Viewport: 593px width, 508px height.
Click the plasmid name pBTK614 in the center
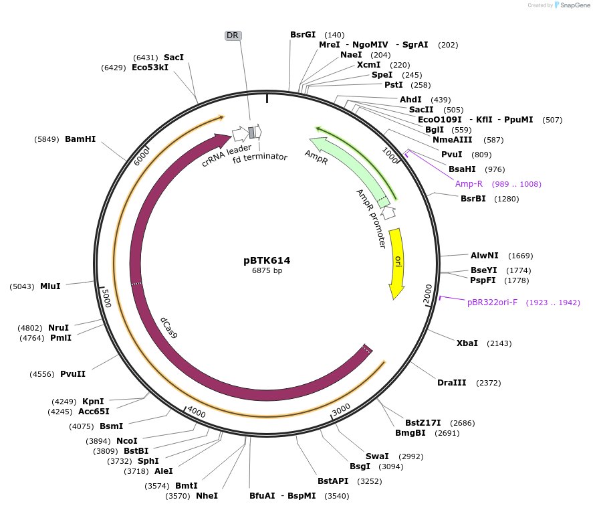[267, 260]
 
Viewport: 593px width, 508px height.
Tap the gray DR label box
[233, 35]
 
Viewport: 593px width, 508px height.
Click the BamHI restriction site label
[80, 139]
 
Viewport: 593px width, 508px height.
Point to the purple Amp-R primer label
[469, 184]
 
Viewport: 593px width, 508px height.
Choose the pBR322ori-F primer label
[492, 303]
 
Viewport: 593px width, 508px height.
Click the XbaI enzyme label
[467, 343]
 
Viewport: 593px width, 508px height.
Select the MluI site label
[50, 286]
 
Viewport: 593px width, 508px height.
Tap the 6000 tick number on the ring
[142, 157]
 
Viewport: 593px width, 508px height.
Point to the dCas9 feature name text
[169, 328]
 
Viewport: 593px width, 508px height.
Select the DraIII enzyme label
[451, 383]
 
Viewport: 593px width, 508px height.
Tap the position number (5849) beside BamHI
[47, 139]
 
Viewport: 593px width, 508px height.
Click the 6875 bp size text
[267, 271]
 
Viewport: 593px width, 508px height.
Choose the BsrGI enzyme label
[303, 34]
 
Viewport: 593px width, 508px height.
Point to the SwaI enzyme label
[377, 456]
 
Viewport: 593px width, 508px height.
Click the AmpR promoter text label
[371, 218]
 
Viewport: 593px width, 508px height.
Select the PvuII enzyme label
[73, 373]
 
